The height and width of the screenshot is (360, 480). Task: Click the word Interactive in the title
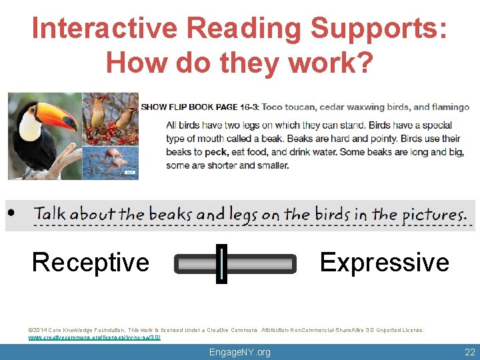105,29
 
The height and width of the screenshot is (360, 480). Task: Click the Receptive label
91,262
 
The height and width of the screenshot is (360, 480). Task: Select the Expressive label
385,262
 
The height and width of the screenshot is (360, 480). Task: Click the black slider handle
221,264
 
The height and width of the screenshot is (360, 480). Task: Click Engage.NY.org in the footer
240,352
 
